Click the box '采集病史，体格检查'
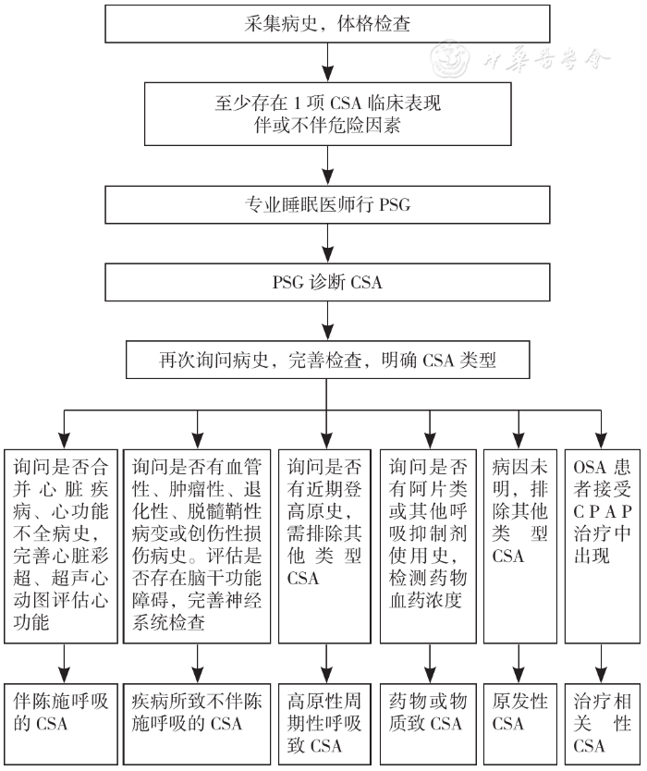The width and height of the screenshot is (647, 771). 326,23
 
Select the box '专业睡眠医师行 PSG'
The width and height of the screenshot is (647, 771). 326,204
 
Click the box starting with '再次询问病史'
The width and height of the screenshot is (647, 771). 326,360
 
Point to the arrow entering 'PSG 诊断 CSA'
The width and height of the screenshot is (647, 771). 326,247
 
